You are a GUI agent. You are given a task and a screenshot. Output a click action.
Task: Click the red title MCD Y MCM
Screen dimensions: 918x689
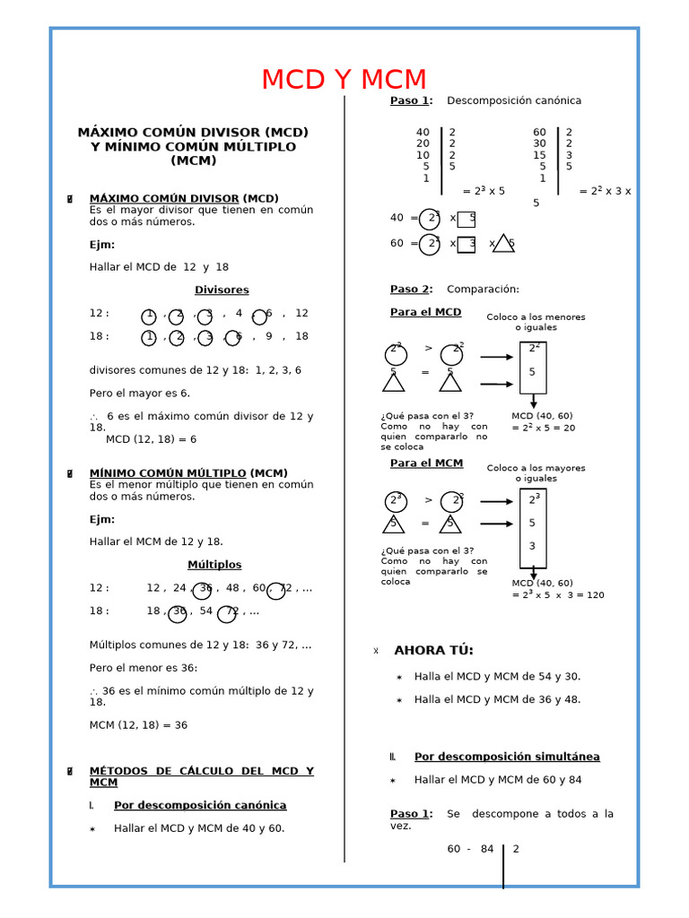click(344, 80)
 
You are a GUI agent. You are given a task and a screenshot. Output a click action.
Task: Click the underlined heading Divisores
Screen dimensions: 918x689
click(222, 290)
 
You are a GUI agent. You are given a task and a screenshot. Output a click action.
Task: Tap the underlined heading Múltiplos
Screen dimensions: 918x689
click(214, 565)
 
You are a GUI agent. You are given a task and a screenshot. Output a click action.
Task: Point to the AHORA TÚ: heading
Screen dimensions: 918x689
click(433, 651)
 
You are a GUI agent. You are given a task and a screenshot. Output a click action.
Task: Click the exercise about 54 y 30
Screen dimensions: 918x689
click(497, 677)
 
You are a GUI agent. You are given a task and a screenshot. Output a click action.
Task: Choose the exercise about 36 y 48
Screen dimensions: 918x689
click(497, 699)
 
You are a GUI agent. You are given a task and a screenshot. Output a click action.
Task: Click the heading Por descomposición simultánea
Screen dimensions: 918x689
click(507, 757)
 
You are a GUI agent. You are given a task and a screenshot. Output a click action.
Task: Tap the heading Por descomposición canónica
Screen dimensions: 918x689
click(200, 805)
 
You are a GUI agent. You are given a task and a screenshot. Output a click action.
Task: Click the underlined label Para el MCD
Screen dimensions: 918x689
click(425, 312)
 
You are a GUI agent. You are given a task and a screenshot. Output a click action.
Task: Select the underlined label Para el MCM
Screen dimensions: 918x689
click(426, 463)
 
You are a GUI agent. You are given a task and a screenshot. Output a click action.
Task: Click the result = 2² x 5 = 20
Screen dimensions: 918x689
click(544, 429)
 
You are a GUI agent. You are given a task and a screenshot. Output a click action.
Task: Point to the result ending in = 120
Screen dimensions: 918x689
click(558, 595)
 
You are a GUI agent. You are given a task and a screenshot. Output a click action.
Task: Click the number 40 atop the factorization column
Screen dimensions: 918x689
click(423, 133)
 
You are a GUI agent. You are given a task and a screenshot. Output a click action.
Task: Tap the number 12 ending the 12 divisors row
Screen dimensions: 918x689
click(301, 314)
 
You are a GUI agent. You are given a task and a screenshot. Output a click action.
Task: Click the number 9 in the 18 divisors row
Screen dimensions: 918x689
click(268, 337)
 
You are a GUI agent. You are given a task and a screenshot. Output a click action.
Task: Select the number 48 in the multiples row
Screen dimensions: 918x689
click(232, 588)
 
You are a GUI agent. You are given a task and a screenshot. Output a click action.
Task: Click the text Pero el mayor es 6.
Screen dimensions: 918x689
click(139, 394)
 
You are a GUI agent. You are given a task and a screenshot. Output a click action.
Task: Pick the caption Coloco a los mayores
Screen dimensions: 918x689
click(536, 468)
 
